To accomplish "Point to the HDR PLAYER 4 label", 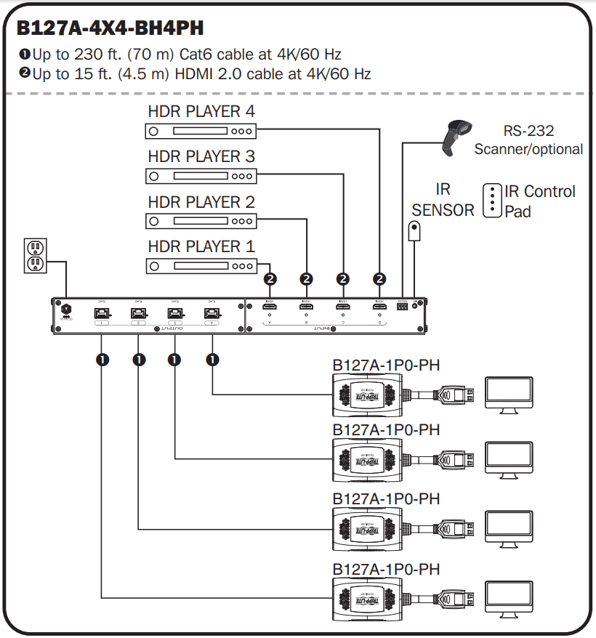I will point(201,112).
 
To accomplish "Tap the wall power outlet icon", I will point(34,255).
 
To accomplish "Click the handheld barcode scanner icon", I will point(455,137).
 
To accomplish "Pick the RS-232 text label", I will point(528,132).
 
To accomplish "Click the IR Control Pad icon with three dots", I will point(493,200).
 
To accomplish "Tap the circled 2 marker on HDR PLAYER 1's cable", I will point(270,278).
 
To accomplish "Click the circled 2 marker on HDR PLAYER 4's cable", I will point(379,278).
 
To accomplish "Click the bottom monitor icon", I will point(509,595).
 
